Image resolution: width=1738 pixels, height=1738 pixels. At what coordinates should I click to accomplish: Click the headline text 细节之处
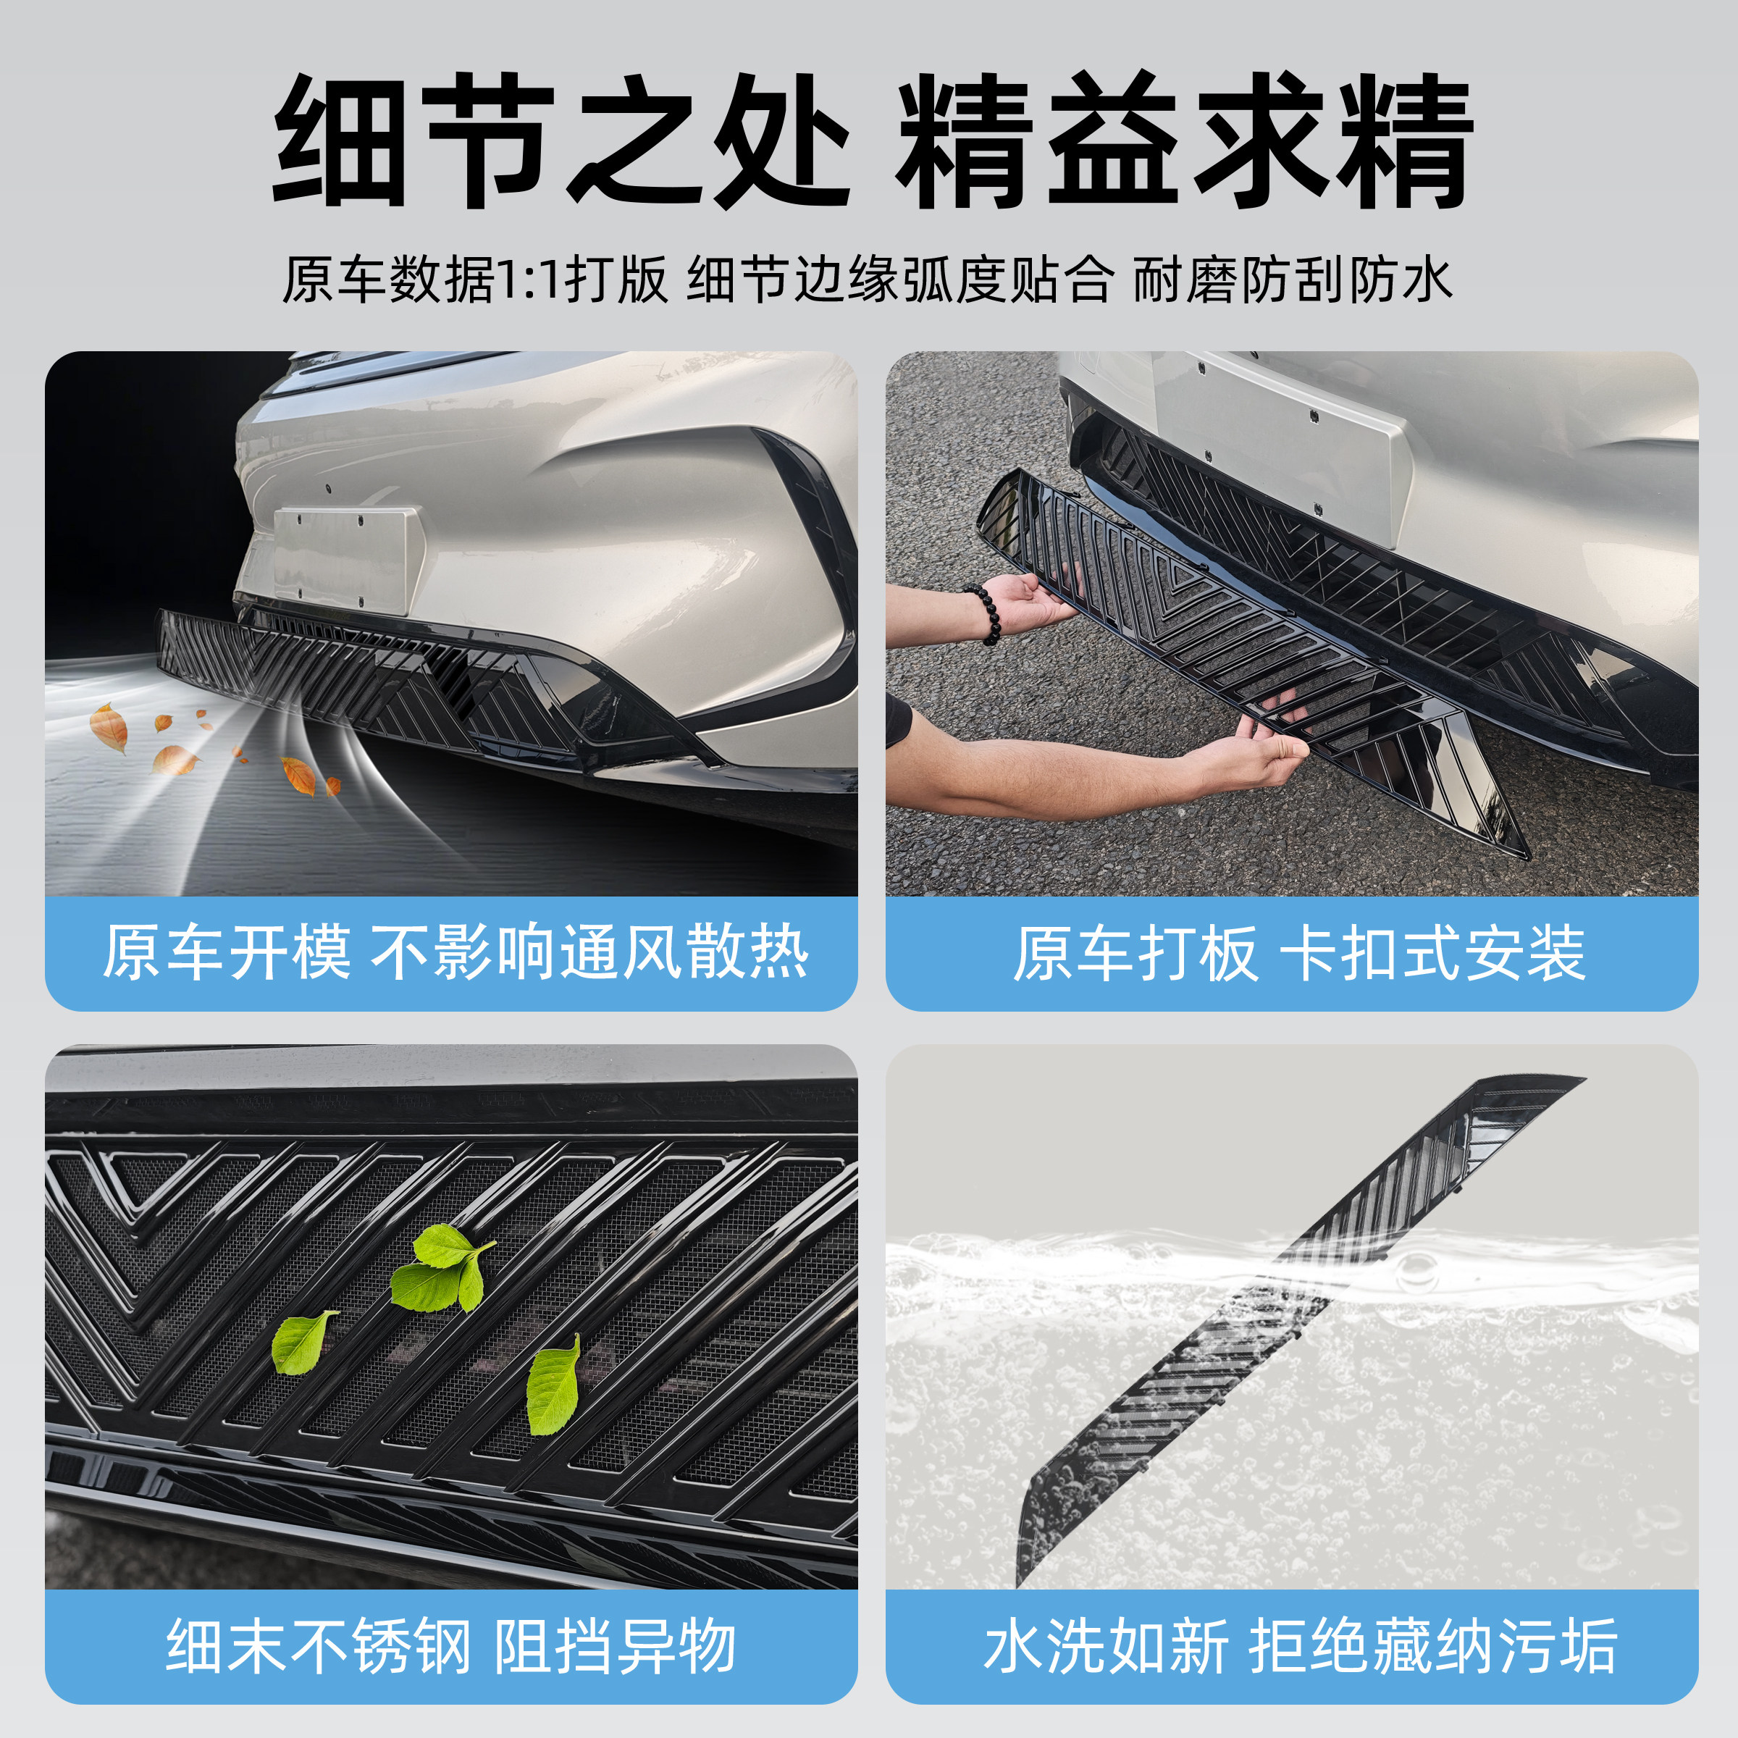coord(561,141)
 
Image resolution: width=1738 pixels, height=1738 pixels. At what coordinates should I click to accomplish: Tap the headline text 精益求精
coord(1184,141)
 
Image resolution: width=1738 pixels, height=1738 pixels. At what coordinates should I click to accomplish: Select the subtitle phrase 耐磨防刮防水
coord(1292,280)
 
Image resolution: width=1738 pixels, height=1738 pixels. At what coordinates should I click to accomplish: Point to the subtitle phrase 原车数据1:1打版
coord(475,280)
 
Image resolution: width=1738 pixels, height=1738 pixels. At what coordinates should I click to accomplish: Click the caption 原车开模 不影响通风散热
coord(454,952)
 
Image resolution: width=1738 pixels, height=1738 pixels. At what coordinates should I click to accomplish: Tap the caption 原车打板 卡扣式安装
coord(1299,952)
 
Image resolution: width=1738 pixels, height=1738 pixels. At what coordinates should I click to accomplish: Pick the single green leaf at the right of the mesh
coord(553,1386)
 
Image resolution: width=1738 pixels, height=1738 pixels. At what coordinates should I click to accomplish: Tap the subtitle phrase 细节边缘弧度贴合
coord(900,280)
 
